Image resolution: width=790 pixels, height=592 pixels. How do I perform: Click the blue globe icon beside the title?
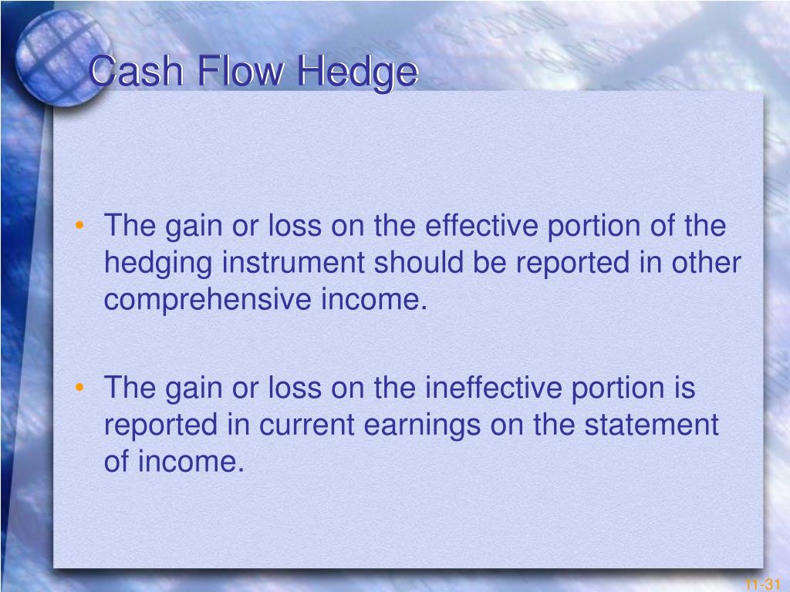(x=63, y=58)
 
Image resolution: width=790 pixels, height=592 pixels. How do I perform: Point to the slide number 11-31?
(x=762, y=584)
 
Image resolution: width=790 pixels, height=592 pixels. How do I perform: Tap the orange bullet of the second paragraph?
(x=79, y=387)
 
